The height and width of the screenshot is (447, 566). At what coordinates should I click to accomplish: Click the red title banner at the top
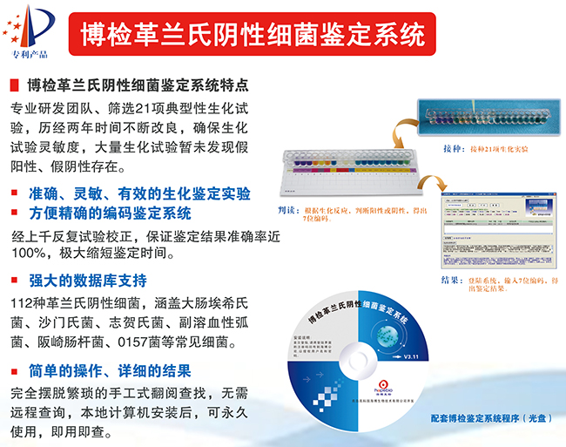(253, 35)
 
